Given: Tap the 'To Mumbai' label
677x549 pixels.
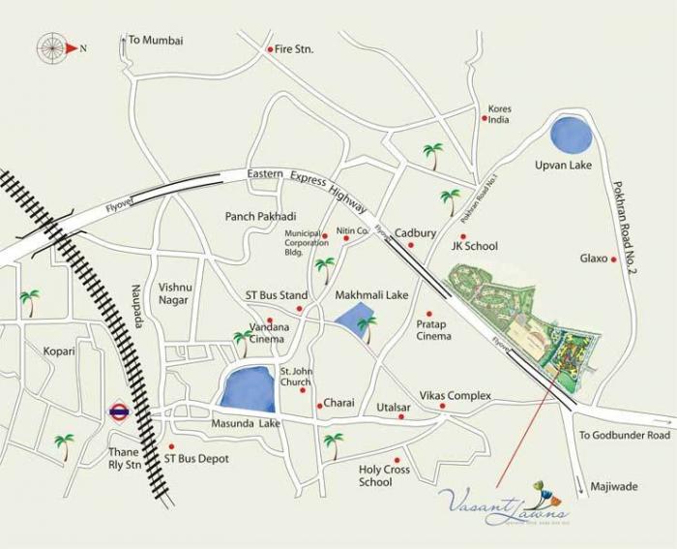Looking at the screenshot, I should pyautogui.click(x=155, y=41).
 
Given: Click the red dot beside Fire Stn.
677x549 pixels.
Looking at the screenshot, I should pyautogui.click(x=270, y=48).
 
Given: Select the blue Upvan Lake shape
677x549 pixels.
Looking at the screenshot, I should pyautogui.click(x=573, y=134).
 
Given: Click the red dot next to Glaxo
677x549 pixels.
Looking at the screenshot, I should pyautogui.click(x=614, y=259).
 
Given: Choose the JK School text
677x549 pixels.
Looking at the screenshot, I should pyautogui.click(x=474, y=247).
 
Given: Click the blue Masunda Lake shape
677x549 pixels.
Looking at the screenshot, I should pyautogui.click(x=248, y=389).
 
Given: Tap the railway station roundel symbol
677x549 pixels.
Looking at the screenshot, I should pyautogui.click(x=120, y=412).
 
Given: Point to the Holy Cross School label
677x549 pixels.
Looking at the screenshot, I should pyautogui.click(x=384, y=476).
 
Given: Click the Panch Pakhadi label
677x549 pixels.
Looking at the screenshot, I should pyautogui.click(x=260, y=216).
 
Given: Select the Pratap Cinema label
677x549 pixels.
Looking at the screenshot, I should pyautogui.click(x=433, y=330).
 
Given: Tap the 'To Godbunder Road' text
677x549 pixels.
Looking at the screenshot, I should pyautogui.click(x=624, y=436).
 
